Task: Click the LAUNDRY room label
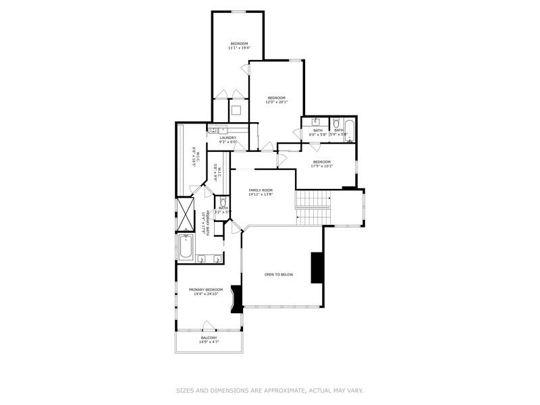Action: point(227,138)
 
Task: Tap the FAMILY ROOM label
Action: point(260,190)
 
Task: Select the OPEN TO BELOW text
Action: point(279,275)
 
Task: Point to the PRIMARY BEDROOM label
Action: point(206,290)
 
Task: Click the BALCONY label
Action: point(209,337)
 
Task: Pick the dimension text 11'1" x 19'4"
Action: point(239,48)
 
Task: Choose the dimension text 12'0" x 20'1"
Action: point(277,102)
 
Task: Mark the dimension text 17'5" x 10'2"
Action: point(321,165)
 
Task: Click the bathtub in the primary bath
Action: point(186,248)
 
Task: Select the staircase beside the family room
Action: point(313,207)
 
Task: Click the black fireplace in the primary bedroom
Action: point(236,299)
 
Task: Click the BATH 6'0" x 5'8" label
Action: point(318,132)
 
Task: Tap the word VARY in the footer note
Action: point(355,390)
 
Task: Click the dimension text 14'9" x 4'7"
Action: point(209,342)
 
